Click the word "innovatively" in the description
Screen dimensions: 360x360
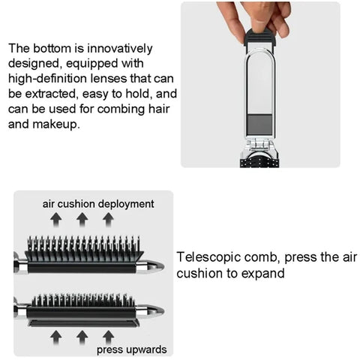pyautogui.click(x=120, y=49)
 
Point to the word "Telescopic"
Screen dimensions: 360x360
pyautogui.click(x=208, y=257)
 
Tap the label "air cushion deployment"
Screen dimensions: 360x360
pyautogui.click(x=98, y=204)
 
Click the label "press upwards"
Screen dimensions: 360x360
pyautogui.click(x=132, y=349)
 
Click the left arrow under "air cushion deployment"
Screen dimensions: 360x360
pyautogui.click(x=56, y=220)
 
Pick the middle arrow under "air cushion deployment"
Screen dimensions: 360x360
pyautogui.click(x=82, y=220)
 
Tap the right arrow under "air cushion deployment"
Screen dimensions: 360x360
pyautogui.click(x=108, y=220)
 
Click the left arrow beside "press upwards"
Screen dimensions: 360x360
pyautogui.click(x=56, y=337)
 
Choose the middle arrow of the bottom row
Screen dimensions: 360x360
pyautogui.click(x=82, y=337)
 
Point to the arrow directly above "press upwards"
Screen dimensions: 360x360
pyautogui.click(x=108, y=337)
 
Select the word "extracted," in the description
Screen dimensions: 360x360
pyautogui.click(x=51, y=94)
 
